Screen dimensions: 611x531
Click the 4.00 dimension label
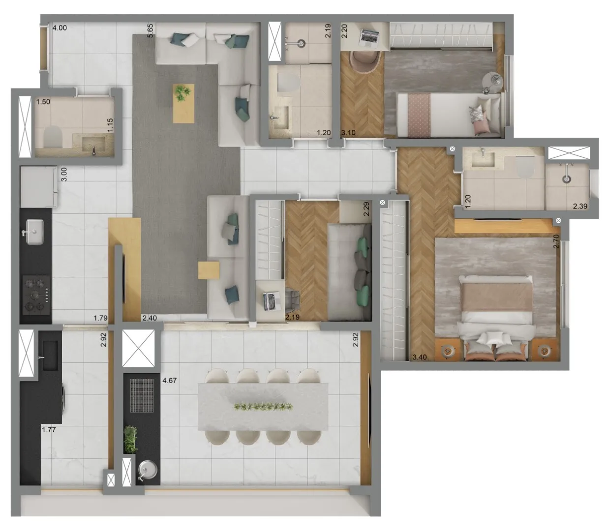[x=60, y=28]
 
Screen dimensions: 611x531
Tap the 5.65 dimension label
[x=150, y=30]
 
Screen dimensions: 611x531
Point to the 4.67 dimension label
[x=169, y=381]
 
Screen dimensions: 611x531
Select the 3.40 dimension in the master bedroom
[x=419, y=357]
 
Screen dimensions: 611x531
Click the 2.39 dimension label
[x=580, y=206]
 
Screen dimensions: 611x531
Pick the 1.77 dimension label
[x=49, y=430]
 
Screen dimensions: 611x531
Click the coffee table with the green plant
[x=183, y=103]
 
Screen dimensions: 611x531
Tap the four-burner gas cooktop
[x=36, y=295]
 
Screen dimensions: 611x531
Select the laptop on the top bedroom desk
[x=370, y=38]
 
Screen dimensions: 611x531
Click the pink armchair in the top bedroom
[x=366, y=62]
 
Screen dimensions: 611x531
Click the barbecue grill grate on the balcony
[x=142, y=395]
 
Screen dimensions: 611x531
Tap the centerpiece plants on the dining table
[x=263, y=407]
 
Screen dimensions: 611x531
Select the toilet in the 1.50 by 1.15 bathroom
[x=53, y=137]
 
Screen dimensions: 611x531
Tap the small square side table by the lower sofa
[x=209, y=270]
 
